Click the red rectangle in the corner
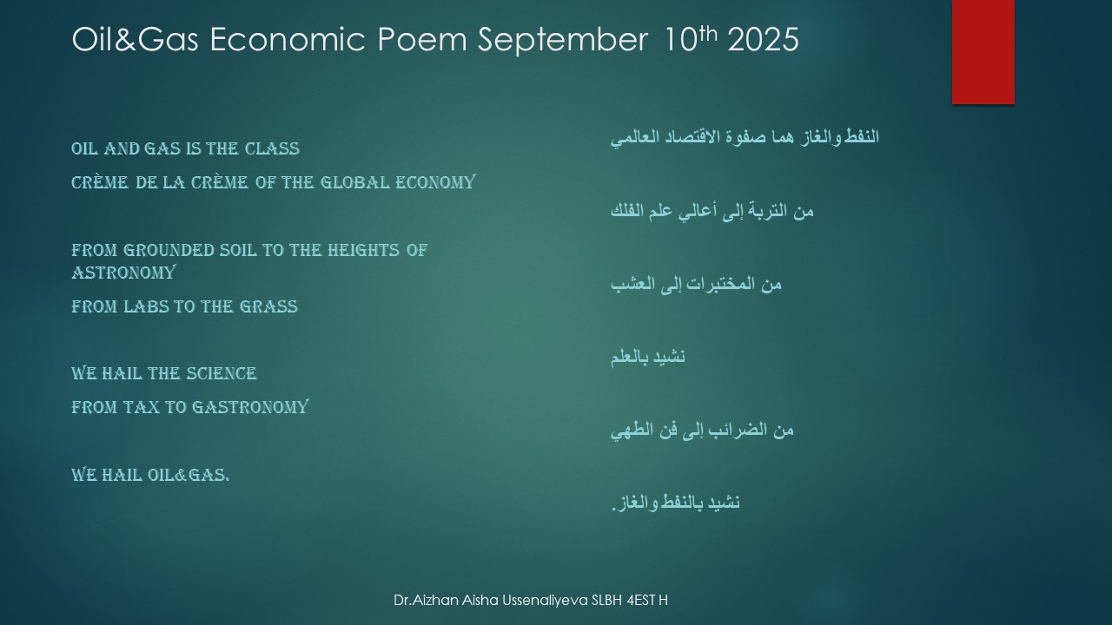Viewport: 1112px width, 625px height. coord(983,51)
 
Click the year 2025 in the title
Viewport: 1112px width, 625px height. coord(763,39)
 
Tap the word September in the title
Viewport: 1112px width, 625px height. coord(562,41)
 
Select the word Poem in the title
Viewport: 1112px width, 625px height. coord(422,39)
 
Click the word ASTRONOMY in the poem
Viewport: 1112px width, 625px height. coord(123,273)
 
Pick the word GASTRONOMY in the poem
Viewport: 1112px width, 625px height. coord(250,407)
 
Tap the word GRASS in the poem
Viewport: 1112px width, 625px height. coord(268,306)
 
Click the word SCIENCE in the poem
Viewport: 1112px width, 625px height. coord(219,373)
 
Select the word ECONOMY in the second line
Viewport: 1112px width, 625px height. coord(435,182)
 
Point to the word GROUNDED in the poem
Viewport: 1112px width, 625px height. coord(169,250)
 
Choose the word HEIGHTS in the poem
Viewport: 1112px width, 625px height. coord(363,250)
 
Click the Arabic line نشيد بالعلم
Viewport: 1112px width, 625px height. coord(648,357)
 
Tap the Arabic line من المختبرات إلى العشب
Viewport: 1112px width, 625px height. coord(696,284)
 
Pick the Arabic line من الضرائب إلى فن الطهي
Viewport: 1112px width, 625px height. coord(702,430)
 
